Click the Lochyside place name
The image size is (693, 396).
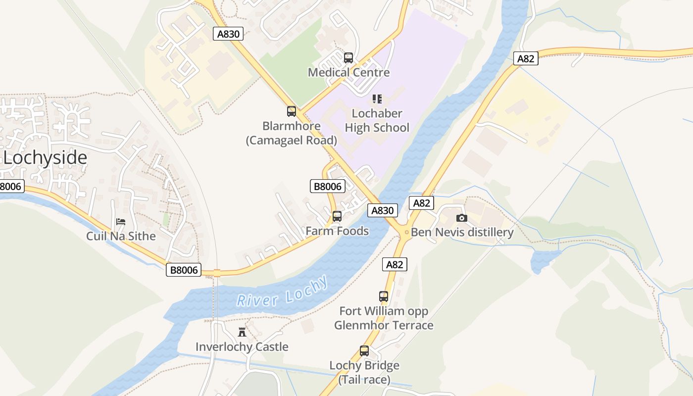46,158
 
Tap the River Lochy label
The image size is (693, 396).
282,292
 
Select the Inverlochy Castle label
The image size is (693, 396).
242,346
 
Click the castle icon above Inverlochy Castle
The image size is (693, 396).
242,332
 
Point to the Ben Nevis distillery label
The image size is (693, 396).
462,232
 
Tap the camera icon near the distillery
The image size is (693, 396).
461,218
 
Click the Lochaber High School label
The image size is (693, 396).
377,121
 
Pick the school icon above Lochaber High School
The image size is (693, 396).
377,99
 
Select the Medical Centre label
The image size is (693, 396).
348,72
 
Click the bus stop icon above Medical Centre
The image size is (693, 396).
348,58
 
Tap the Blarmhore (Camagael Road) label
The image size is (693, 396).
292,133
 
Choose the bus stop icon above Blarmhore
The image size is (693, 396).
292,111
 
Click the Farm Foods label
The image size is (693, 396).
337,231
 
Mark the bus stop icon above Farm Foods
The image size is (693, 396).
337,216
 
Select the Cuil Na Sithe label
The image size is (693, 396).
121,236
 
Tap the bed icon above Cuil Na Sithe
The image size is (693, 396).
121,221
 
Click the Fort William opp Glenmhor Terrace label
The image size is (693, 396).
384,318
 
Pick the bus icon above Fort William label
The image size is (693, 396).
384,297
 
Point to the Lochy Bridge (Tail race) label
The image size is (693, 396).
364,373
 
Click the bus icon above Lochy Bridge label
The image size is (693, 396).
364,351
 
